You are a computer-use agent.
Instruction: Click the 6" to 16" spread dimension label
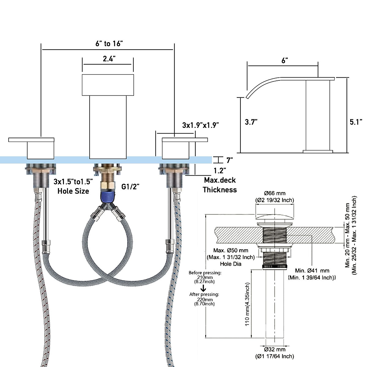(109, 44)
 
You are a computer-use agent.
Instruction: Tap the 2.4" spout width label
(109, 59)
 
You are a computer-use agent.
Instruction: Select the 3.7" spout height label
(251, 122)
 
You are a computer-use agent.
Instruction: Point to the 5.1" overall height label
(356, 122)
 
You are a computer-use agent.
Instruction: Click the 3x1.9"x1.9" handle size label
(201, 125)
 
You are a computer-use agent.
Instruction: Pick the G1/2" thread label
(130, 187)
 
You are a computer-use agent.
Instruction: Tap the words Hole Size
(73, 191)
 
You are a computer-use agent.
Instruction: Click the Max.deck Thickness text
(220, 185)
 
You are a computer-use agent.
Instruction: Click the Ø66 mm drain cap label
(275, 193)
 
